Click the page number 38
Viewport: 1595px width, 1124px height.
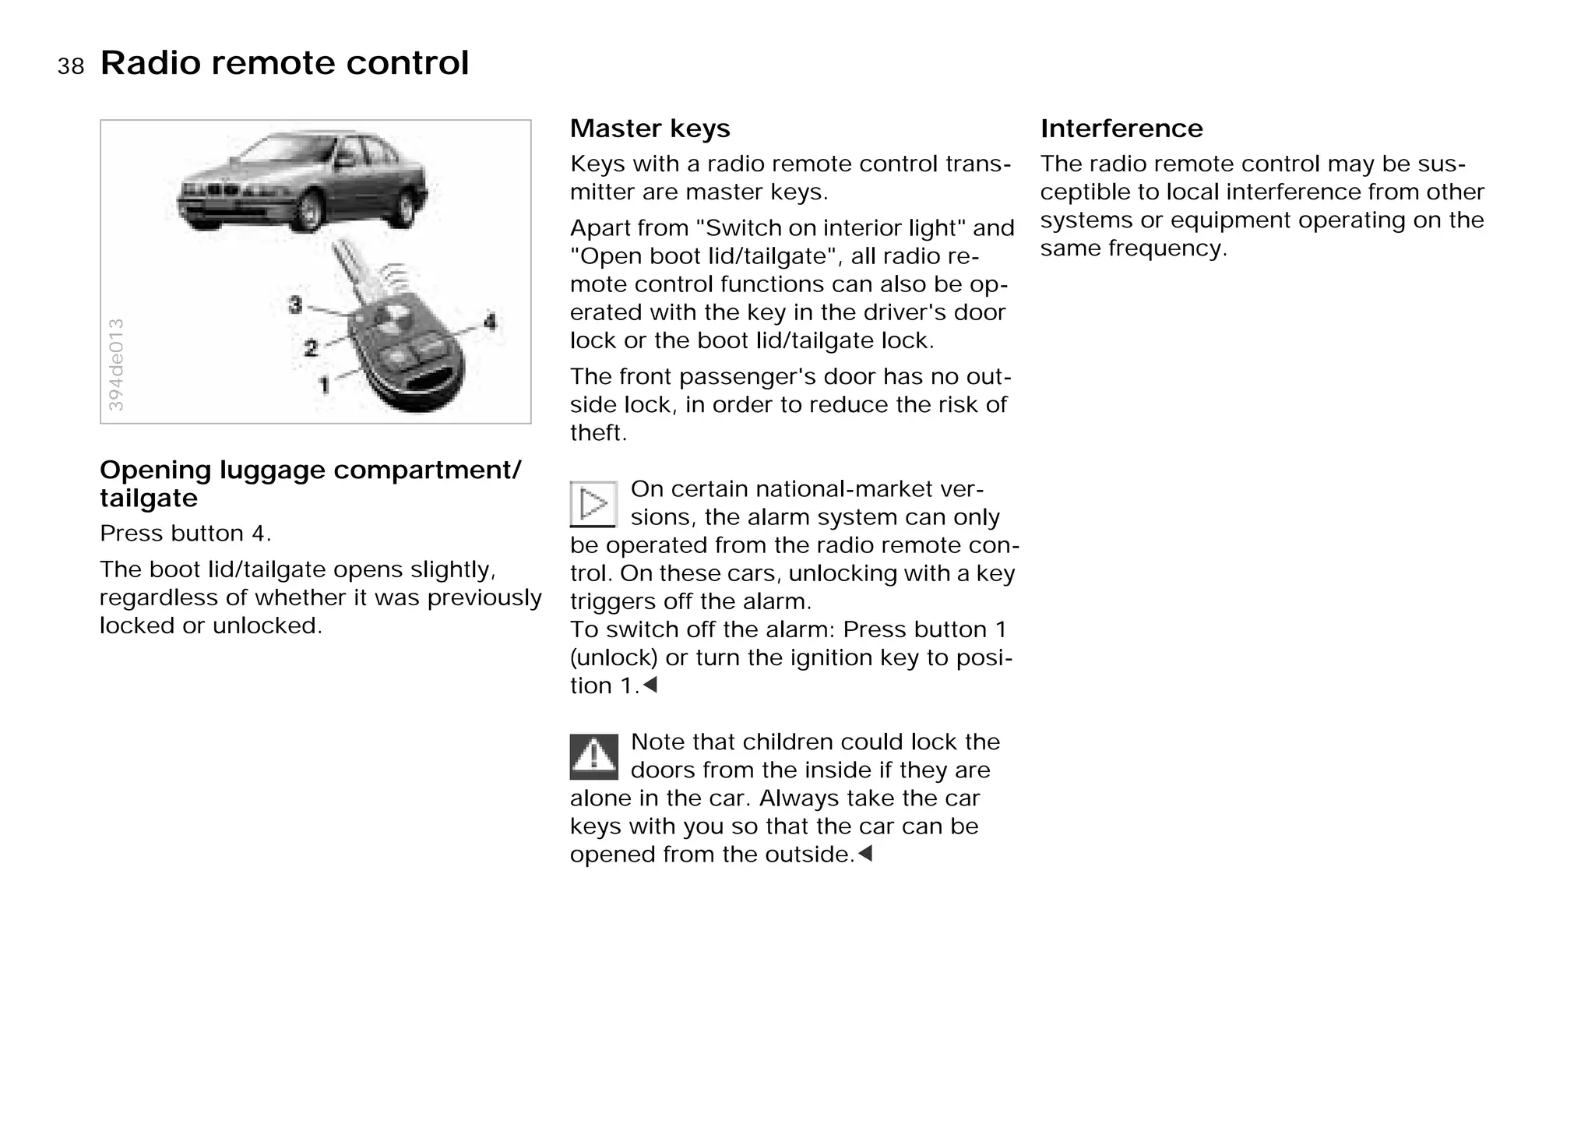70,67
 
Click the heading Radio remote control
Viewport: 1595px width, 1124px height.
284,63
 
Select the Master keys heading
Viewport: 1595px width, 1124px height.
650,129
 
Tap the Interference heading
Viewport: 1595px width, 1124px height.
1121,129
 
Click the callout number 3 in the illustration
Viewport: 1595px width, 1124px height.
295,305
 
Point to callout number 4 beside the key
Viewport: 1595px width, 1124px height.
490,321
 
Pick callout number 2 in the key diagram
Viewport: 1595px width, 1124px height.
311,348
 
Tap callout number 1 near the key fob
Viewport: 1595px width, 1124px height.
325,384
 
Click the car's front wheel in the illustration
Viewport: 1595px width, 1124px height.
310,211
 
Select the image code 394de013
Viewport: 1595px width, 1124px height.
115,365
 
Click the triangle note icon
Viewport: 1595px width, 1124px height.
593,503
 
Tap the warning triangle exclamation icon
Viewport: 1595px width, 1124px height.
593,756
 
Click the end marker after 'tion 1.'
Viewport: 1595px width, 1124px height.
650,685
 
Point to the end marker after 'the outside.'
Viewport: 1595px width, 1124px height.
864,854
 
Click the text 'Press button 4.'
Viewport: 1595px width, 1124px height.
185,534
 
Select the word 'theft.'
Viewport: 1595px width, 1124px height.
598,433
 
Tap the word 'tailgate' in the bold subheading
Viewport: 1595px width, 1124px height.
149,498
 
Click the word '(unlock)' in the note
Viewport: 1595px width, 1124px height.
614,657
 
